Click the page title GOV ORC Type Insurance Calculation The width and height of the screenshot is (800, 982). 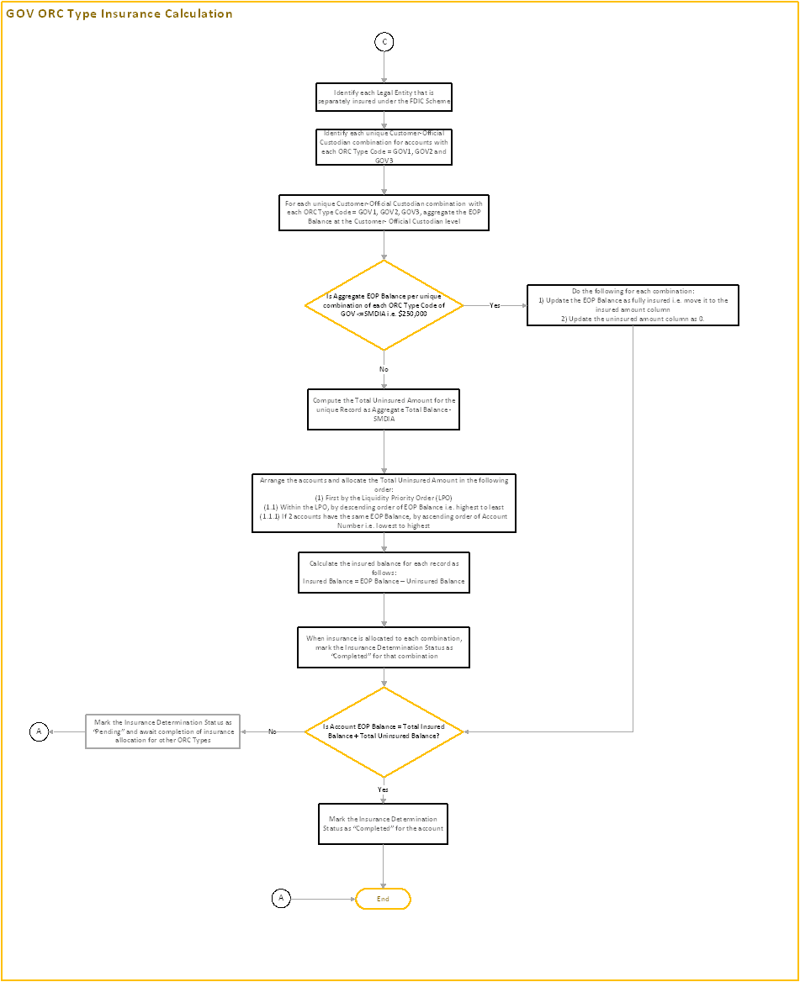[x=119, y=13]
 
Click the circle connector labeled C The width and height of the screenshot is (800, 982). [x=384, y=42]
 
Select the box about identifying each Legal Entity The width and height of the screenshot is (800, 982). [x=384, y=97]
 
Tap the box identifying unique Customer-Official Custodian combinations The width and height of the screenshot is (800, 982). [x=384, y=146]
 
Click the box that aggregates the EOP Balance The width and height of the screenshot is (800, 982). [x=384, y=213]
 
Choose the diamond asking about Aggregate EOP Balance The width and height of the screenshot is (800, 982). [x=384, y=305]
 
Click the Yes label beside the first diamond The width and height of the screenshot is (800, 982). [x=495, y=305]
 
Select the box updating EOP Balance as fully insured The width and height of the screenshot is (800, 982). [x=633, y=305]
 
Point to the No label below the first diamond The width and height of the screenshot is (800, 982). [x=384, y=369]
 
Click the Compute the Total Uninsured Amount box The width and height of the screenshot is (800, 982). [x=384, y=409]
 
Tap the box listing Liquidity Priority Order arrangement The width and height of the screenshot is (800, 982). [x=384, y=504]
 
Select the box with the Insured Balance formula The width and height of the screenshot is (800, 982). [x=384, y=573]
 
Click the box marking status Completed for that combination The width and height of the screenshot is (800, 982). [x=384, y=647]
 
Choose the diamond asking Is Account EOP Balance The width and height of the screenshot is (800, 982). [x=384, y=731]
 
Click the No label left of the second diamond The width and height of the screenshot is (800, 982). [x=273, y=731]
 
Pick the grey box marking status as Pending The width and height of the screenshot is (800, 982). [x=163, y=731]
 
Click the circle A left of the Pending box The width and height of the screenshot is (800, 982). [x=39, y=731]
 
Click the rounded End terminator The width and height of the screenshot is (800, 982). [x=384, y=899]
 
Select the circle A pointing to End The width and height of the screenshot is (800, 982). [x=282, y=899]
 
